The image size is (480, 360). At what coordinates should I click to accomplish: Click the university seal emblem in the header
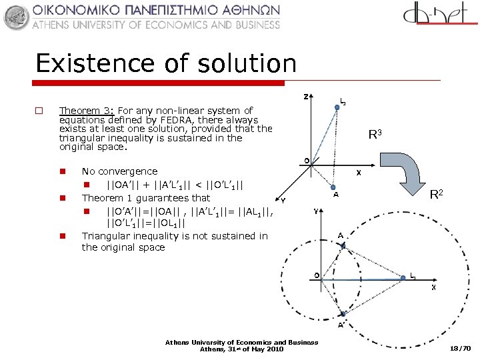17,17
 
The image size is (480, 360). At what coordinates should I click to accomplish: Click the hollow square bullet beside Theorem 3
39,111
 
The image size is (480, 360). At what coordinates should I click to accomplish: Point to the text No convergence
119,171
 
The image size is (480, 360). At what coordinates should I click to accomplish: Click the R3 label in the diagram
375,135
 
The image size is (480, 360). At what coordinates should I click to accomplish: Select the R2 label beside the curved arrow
437,195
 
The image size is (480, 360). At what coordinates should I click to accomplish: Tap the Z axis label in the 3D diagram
306,97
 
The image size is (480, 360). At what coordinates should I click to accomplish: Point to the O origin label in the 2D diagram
318,274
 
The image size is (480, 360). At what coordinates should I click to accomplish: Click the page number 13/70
460,349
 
